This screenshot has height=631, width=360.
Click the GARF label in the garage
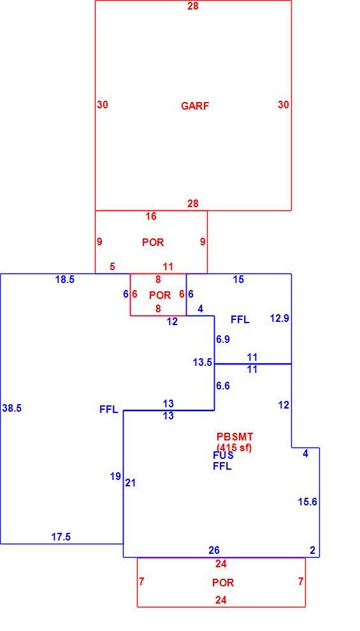195,106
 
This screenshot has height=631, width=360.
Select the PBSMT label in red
235,437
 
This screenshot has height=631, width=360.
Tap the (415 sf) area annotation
234,447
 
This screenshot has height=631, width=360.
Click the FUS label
223,456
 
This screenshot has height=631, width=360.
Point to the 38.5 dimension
12,408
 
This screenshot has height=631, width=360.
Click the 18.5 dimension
65,280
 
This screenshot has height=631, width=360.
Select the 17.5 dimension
61,537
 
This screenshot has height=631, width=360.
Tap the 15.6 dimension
308,502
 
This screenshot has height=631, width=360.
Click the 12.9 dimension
280,319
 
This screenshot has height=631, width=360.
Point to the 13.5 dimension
203,362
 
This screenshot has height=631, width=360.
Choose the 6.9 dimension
223,339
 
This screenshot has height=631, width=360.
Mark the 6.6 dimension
223,386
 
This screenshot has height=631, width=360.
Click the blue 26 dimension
214,550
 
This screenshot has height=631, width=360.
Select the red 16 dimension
151,217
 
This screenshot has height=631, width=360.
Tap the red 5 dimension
112,266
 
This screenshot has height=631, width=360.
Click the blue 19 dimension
115,477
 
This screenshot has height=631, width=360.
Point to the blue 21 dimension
131,483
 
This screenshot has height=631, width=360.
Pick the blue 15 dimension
238,279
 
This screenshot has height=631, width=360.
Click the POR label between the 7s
223,583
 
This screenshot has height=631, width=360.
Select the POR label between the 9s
153,242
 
